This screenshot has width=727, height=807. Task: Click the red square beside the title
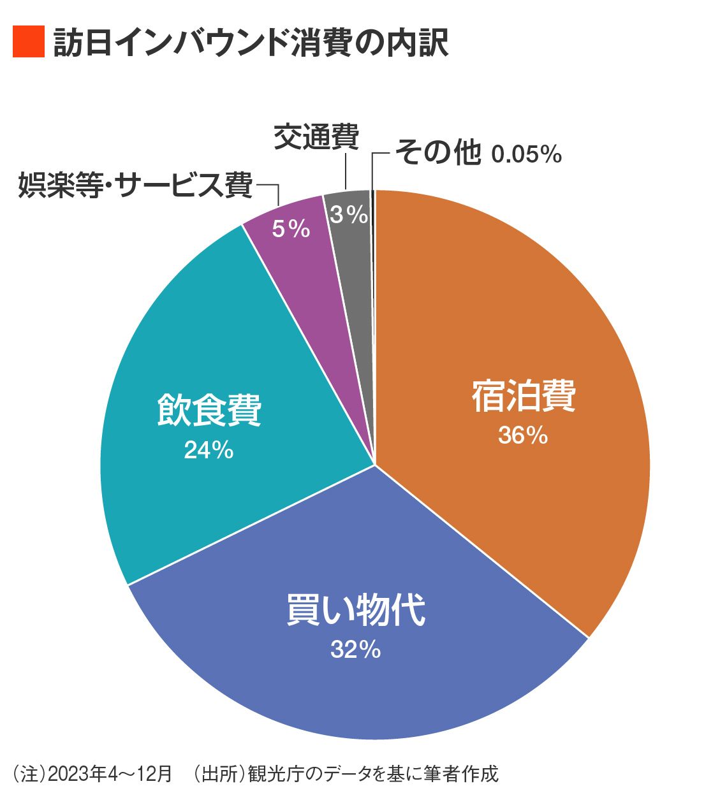29,42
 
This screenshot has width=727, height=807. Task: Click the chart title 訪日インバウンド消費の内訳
251,43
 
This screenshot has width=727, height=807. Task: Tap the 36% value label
523,435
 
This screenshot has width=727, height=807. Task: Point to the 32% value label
355,650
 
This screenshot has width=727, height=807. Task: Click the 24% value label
209,451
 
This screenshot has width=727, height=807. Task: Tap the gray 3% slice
349,236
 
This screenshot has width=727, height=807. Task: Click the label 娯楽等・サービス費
135,185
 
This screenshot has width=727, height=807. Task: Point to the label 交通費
316,136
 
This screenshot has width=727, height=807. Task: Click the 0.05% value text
527,154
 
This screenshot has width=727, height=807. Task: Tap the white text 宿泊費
524,396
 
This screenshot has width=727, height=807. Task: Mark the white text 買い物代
355,610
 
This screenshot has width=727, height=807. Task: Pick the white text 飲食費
209,411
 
